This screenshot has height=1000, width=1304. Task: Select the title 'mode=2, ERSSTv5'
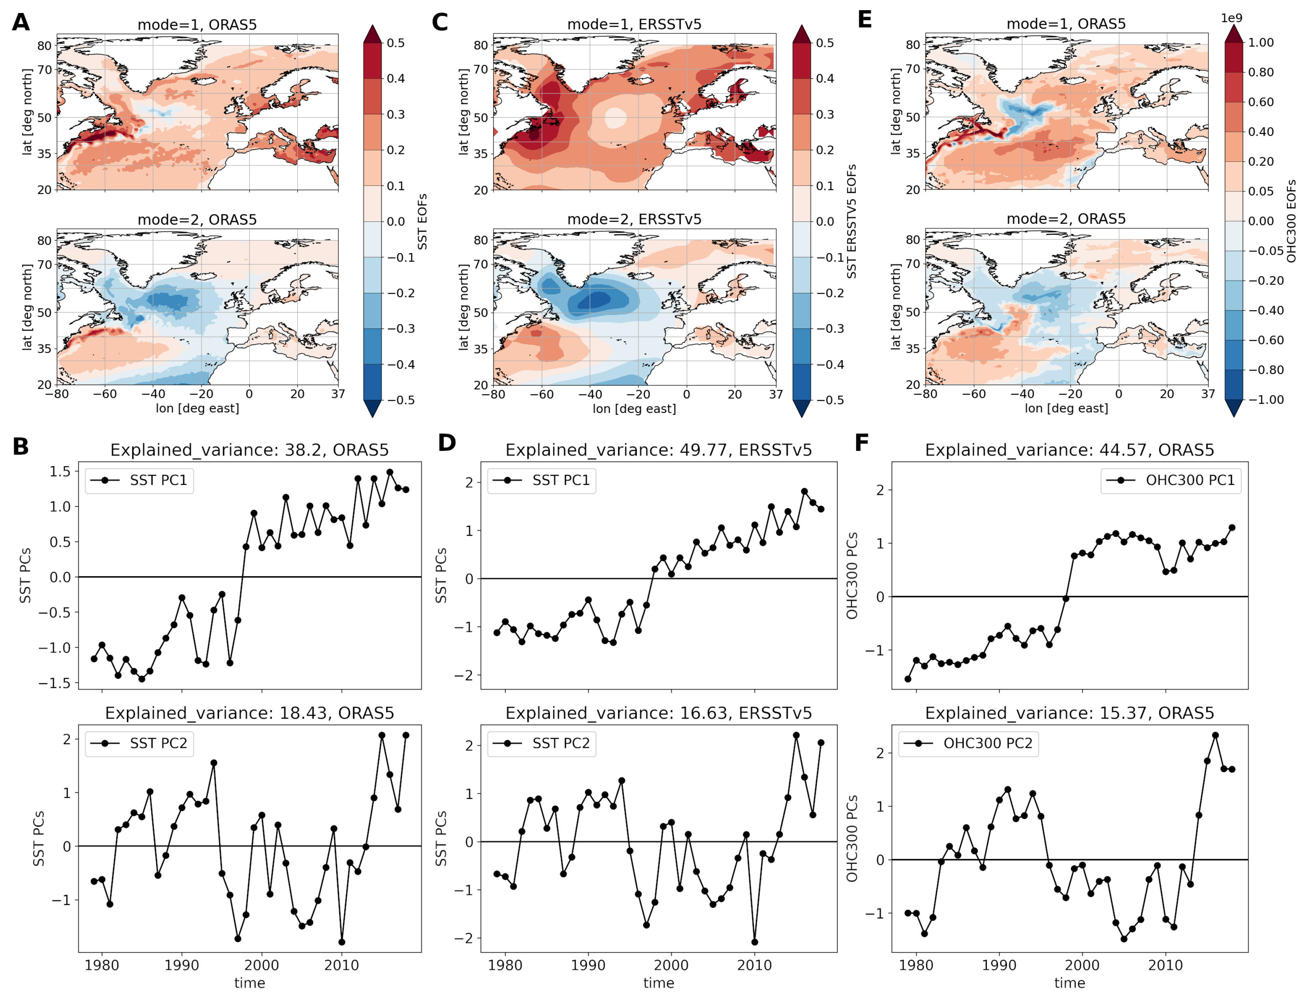coord(634,219)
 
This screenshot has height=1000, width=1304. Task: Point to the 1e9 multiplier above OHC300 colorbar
coord(1231,18)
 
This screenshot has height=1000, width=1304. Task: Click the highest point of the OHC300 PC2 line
coord(1215,736)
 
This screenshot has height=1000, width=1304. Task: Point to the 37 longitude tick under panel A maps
coord(337,393)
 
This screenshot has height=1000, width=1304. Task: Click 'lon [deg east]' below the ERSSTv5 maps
coord(634,409)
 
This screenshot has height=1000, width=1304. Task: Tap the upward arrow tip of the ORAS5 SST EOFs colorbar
coord(372,26)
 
